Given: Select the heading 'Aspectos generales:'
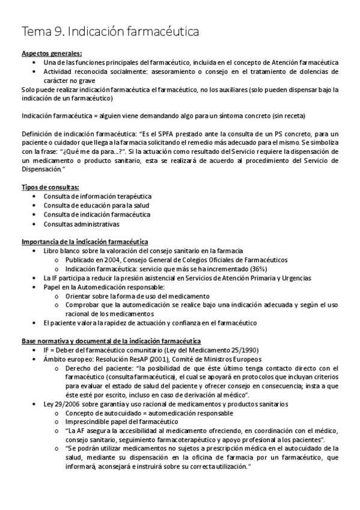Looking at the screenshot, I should (x=52, y=53).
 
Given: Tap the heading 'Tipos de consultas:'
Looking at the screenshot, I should (x=50, y=187).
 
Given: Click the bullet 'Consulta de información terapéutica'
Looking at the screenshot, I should (x=97, y=196).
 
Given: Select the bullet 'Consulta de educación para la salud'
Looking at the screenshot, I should (x=96, y=205).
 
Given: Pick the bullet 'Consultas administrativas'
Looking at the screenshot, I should (x=81, y=224).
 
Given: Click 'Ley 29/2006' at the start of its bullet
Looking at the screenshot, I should (x=61, y=404).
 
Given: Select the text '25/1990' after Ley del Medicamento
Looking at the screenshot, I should (x=225, y=350).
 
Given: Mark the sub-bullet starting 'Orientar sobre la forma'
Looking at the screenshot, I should (x=138, y=296).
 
